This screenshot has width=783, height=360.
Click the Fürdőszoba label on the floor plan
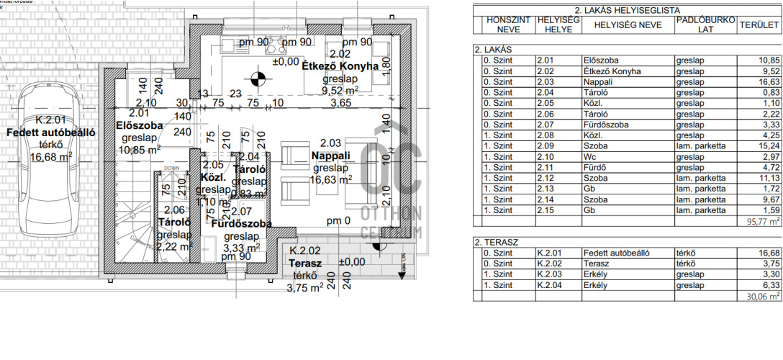point(240,224)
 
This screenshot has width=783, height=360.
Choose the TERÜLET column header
point(759,25)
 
